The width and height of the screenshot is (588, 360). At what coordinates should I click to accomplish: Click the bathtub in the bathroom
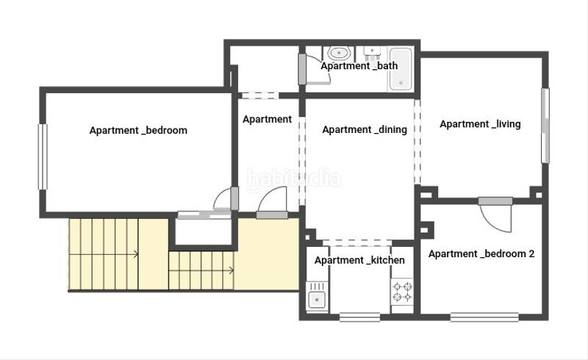pyautogui.click(x=401, y=69)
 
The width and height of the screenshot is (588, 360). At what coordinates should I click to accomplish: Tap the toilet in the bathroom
pyautogui.click(x=373, y=53)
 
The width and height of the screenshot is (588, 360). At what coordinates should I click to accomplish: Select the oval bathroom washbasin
pyautogui.click(x=339, y=53)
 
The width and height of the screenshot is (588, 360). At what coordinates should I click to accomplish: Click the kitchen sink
pyautogui.click(x=317, y=299)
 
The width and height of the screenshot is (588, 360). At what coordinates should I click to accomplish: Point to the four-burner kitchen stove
pyautogui.click(x=401, y=292)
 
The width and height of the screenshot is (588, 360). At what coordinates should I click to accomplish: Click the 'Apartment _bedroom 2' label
pyautogui.click(x=481, y=254)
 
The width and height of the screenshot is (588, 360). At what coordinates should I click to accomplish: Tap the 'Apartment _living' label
pyautogui.click(x=480, y=124)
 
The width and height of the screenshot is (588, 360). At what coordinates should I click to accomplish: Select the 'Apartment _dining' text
pyautogui.click(x=365, y=130)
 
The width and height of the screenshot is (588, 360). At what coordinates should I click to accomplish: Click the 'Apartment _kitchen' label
pyautogui.click(x=359, y=260)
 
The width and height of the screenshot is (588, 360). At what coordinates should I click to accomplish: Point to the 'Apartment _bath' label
pyautogui.click(x=359, y=66)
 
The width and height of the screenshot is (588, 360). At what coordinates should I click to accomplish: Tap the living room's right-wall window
pyautogui.click(x=545, y=126)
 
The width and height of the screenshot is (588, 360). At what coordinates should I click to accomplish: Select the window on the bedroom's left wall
pyautogui.click(x=43, y=156)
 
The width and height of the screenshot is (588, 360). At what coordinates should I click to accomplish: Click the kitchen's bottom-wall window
pyautogui.click(x=359, y=317)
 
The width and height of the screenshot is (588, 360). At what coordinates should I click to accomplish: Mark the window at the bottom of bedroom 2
pyautogui.click(x=474, y=317)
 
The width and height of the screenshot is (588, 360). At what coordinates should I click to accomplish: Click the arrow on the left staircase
pyautogui.click(x=136, y=255)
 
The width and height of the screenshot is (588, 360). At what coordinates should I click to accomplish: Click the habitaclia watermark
pyautogui.click(x=294, y=179)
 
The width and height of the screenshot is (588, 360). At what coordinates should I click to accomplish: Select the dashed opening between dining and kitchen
pyautogui.click(x=359, y=242)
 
